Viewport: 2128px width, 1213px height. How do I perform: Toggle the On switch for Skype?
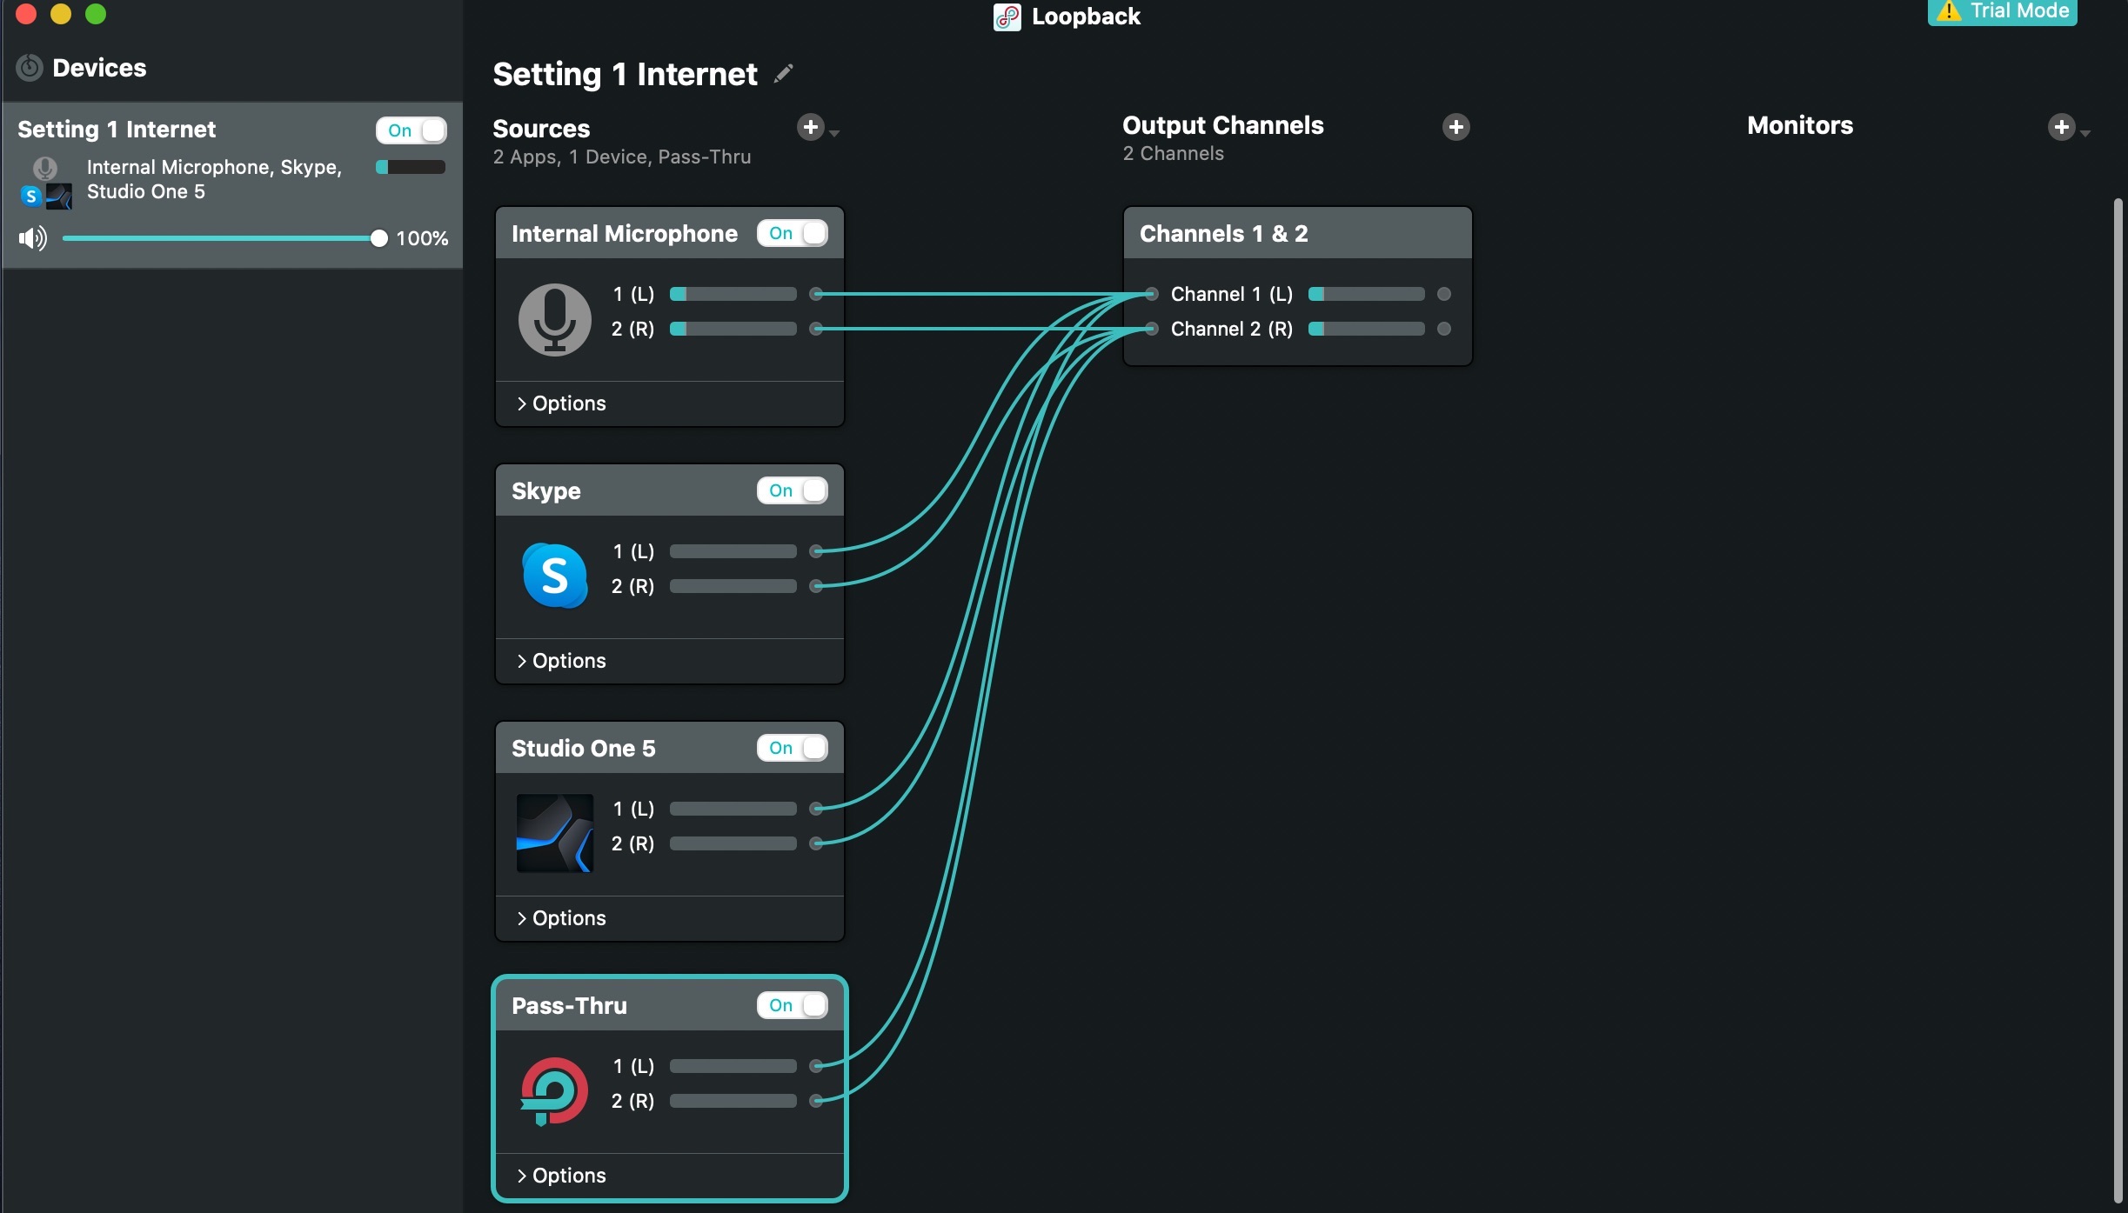click(x=792, y=490)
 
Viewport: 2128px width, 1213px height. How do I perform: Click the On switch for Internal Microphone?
click(x=792, y=233)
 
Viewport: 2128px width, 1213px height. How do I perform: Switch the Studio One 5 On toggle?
click(x=792, y=748)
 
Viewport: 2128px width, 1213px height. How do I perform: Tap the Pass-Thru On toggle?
click(x=792, y=1005)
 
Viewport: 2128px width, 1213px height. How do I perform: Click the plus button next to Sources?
click(x=811, y=128)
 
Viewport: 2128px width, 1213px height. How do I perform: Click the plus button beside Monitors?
click(x=2061, y=127)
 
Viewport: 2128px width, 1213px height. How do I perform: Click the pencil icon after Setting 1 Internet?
click(x=784, y=74)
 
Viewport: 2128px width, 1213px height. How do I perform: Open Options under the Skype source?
click(x=561, y=661)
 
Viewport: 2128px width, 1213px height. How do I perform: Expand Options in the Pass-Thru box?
click(x=561, y=1176)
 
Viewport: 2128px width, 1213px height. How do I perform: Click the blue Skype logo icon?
click(x=555, y=575)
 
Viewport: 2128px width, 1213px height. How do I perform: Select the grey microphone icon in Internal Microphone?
click(x=555, y=319)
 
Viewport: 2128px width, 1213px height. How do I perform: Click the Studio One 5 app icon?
click(x=555, y=833)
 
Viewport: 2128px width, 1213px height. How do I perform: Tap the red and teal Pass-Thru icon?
click(x=554, y=1091)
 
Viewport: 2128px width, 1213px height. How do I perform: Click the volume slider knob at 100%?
click(x=378, y=238)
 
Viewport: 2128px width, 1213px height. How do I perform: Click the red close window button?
click(x=26, y=13)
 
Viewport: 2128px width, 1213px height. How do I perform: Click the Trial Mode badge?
click(x=2002, y=11)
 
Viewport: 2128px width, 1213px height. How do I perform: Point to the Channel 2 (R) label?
click(x=1231, y=329)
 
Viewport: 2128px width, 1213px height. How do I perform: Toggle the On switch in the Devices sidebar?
click(x=411, y=130)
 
